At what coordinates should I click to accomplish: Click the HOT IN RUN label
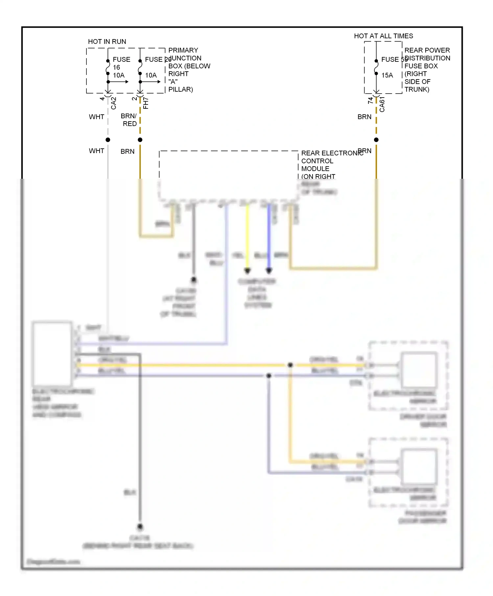pos(107,42)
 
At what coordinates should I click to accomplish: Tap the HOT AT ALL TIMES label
pos(383,36)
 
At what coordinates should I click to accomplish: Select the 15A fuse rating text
pos(387,75)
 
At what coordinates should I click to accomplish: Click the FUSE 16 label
pos(121,63)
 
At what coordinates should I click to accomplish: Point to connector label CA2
pos(114,103)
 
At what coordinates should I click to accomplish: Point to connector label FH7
pos(146,103)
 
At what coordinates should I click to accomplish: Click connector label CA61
pos(382,104)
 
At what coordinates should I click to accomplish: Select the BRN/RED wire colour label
pos(129,120)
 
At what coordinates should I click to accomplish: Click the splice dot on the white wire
pos(108,140)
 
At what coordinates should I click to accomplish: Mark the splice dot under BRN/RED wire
pos(140,140)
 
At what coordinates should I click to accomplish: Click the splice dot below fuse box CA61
pos(376,140)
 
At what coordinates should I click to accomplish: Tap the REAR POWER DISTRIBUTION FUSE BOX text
pos(427,70)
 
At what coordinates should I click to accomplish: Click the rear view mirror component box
pos(52,354)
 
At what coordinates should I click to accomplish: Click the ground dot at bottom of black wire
pos(140,527)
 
